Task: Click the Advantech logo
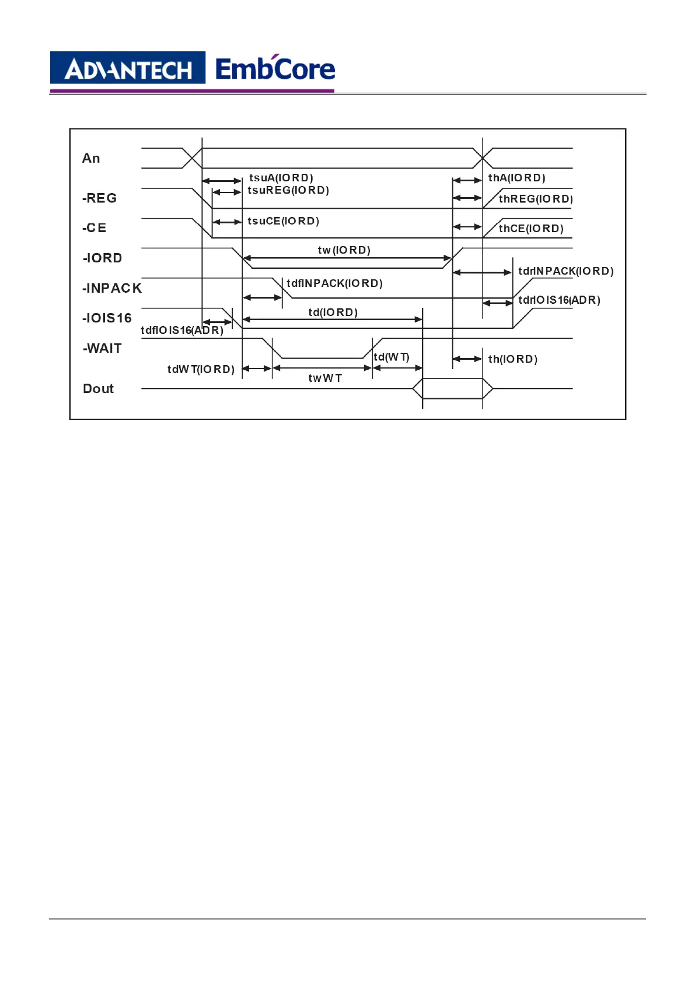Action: point(128,69)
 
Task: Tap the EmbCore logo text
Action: point(275,69)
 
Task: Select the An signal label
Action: point(91,159)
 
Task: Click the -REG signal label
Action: point(100,198)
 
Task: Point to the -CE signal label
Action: point(95,228)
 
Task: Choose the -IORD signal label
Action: point(103,258)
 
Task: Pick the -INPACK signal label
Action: point(112,288)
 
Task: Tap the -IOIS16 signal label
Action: point(107,318)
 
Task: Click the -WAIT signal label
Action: point(103,349)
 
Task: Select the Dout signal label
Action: point(99,389)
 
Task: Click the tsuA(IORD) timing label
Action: point(281,178)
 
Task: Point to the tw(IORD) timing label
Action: point(344,250)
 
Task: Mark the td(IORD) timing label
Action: point(333,313)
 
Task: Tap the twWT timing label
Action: point(325,378)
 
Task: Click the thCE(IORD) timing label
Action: point(531,229)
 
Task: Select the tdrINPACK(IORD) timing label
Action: point(565,271)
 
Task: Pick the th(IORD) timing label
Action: point(512,359)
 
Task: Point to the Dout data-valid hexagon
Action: point(453,388)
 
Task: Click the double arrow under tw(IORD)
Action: point(347,258)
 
